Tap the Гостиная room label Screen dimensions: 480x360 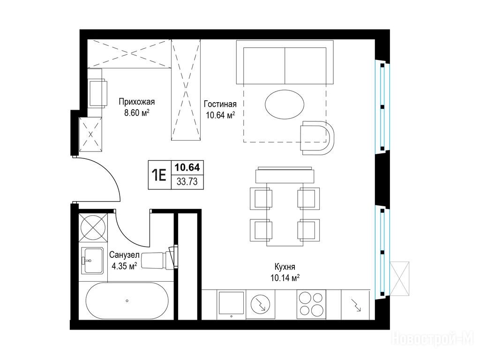coord(220,104)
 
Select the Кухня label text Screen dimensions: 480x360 coord(285,267)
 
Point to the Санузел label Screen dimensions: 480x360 coord(124,255)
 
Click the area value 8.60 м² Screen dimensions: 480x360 coord(136,113)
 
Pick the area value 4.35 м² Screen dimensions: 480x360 coord(124,266)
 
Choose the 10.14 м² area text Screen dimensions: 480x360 coord(285,278)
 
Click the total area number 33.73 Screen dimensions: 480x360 coord(187,182)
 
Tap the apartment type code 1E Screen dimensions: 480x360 coord(159,175)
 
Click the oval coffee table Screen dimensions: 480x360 coord(285,105)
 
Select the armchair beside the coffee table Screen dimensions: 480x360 coord(317,137)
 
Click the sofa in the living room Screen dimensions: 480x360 coord(285,62)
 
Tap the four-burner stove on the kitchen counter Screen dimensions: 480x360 coord(311,304)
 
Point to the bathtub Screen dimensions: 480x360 coord(127,300)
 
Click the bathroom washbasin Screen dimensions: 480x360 coord(92,261)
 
